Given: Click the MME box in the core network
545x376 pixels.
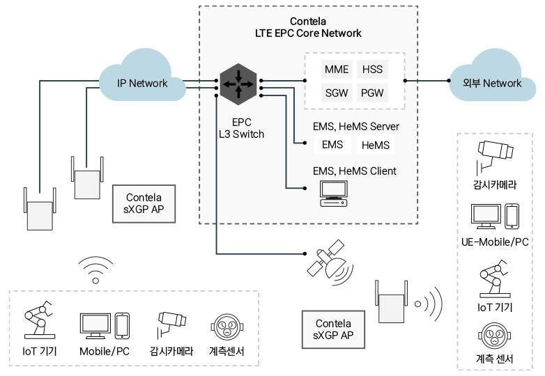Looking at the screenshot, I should [x=337, y=70].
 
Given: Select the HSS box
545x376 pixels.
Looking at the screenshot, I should [x=371, y=70].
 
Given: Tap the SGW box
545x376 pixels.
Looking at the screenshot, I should [x=337, y=93].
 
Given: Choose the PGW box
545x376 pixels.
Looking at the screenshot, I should [x=371, y=93].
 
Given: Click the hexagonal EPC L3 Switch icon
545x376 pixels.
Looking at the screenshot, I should [x=237, y=84].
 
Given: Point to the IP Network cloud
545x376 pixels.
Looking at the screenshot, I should [x=142, y=83].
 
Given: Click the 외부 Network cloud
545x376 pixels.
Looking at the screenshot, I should [x=491, y=83].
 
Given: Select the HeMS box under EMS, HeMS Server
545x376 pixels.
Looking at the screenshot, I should [x=376, y=146].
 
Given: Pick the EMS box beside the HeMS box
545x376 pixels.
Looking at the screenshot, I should [x=332, y=146].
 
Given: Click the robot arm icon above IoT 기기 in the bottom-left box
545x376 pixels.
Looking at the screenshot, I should [x=38, y=320].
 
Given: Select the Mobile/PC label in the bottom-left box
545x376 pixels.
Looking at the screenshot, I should [x=105, y=352].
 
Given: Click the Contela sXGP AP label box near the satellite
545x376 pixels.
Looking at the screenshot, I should [x=334, y=329].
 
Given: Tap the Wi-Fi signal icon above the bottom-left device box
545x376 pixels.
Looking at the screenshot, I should [x=95, y=272].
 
